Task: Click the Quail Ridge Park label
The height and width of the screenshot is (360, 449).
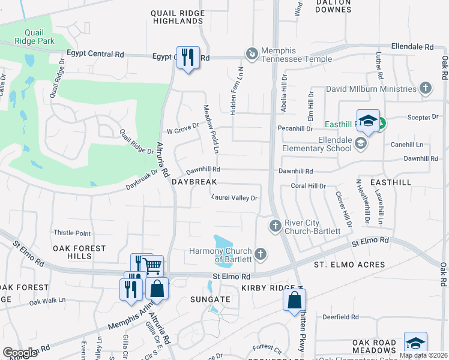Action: (x=35, y=37)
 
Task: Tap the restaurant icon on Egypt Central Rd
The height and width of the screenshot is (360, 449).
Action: (x=187, y=57)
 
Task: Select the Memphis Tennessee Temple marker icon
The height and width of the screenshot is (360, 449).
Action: (x=252, y=55)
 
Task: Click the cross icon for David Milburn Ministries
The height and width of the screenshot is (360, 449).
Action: (x=426, y=89)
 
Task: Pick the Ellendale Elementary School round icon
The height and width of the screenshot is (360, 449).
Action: (x=360, y=143)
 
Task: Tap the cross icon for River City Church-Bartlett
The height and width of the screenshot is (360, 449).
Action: (x=275, y=226)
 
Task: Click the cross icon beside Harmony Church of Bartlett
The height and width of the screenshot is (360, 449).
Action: (x=261, y=253)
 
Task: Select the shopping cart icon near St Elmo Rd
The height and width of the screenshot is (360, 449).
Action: (x=152, y=265)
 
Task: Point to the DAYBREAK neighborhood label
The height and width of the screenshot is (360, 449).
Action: (x=193, y=181)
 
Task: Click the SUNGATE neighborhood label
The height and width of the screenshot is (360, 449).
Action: (x=210, y=299)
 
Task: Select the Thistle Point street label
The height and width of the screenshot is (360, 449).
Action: (x=72, y=233)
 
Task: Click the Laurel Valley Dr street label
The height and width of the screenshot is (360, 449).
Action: (x=234, y=197)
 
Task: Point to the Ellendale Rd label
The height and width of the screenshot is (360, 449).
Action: (x=412, y=46)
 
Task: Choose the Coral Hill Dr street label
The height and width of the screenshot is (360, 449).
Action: (x=307, y=186)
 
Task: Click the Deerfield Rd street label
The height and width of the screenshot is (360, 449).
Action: (x=340, y=317)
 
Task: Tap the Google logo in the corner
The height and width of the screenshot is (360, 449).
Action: (x=20, y=353)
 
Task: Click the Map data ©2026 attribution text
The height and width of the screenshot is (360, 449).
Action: (x=423, y=355)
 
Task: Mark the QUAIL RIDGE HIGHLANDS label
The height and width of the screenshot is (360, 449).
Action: (x=176, y=16)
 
